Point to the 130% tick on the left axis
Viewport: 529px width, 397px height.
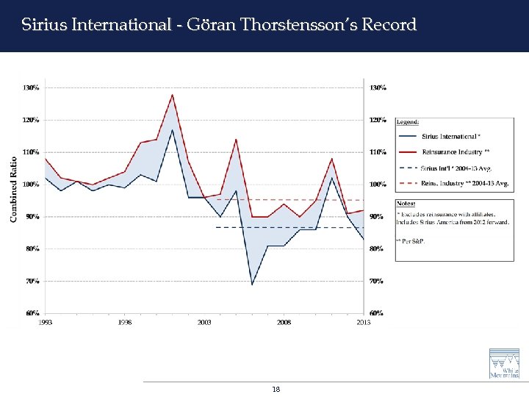click(31, 87)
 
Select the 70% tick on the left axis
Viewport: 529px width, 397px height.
click(31, 281)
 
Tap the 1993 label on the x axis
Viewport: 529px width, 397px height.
click(46, 322)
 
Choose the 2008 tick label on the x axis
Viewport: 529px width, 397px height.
click(284, 322)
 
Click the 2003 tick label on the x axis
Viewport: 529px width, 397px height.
click(204, 322)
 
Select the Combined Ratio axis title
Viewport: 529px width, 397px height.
click(13, 188)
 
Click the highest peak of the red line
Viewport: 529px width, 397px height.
click(173, 94)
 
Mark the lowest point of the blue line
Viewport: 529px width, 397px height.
click(252, 285)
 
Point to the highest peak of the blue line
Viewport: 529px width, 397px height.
click(173, 130)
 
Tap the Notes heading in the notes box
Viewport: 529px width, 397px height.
click(406, 203)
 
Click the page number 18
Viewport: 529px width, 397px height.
click(276, 389)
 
